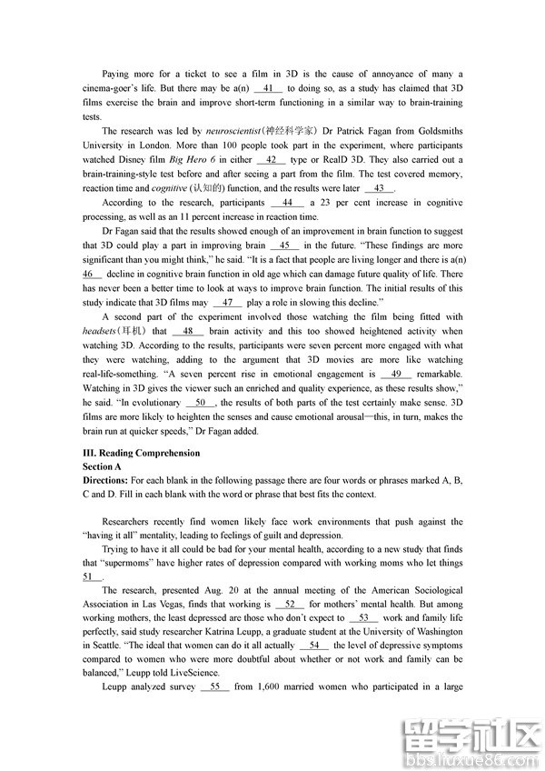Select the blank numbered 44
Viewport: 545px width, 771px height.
point(287,203)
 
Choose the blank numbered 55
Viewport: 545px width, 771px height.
point(215,687)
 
